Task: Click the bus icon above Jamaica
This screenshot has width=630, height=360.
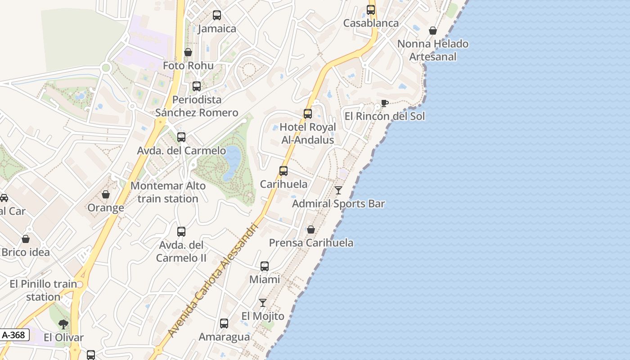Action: [x=217, y=15]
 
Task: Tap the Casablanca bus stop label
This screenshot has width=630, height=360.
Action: [x=371, y=23]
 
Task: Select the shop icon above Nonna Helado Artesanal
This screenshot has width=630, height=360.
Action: [x=432, y=31]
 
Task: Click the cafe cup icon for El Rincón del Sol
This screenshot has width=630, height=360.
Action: [x=384, y=103]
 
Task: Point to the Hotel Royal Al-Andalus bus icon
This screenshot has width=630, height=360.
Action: [x=308, y=114]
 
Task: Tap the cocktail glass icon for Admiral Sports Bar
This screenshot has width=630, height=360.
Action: [x=338, y=190]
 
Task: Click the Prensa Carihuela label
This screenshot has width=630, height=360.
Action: [x=311, y=243]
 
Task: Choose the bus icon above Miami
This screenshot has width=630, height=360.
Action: [x=265, y=266]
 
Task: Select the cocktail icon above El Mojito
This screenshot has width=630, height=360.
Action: [x=263, y=303]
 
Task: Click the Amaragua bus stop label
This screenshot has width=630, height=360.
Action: [x=224, y=337]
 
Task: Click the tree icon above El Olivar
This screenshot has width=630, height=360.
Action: [x=63, y=324]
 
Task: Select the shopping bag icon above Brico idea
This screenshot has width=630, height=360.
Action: [x=26, y=239]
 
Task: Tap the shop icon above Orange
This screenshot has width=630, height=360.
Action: [x=106, y=194]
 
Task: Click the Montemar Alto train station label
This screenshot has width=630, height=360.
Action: [x=168, y=192]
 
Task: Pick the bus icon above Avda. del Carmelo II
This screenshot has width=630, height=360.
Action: [x=181, y=232]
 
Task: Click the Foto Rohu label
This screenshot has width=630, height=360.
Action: [x=188, y=66]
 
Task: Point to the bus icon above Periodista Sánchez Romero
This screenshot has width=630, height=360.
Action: [x=197, y=86]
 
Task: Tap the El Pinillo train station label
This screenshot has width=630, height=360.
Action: [x=43, y=291]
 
